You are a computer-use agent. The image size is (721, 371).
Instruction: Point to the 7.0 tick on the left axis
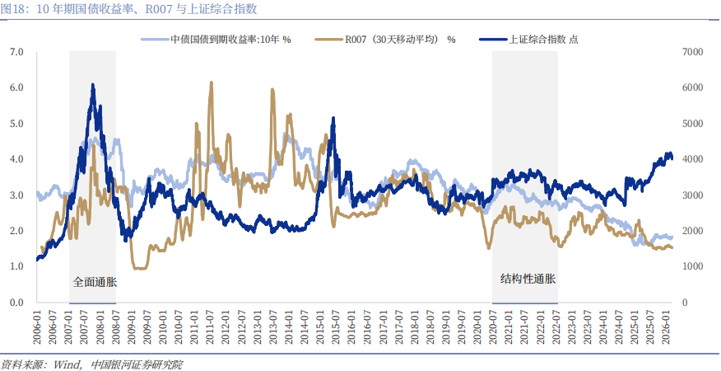click(x=16, y=52)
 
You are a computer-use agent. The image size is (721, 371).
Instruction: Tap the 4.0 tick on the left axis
click(x=16, y=159)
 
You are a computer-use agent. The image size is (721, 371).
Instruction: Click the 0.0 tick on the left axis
click(x=16, y=303)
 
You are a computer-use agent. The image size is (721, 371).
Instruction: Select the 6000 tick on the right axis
click(x=693, y=87)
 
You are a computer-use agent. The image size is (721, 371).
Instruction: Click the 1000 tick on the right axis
click(x=693, y=267)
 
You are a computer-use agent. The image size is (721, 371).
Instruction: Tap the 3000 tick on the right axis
click(x=693, y=195)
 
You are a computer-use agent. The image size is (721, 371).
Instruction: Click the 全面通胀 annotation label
click(x=95, y=281)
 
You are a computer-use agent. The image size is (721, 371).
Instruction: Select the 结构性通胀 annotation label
click(x=528, y=279)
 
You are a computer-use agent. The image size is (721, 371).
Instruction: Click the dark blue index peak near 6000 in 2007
click(x=92, y=85)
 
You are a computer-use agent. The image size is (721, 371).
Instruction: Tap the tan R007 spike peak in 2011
click(x=212, y=82)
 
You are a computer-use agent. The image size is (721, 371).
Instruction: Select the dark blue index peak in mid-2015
click(x=333, y=118)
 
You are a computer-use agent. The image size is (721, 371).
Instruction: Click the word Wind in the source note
click(x=68, y=364)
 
